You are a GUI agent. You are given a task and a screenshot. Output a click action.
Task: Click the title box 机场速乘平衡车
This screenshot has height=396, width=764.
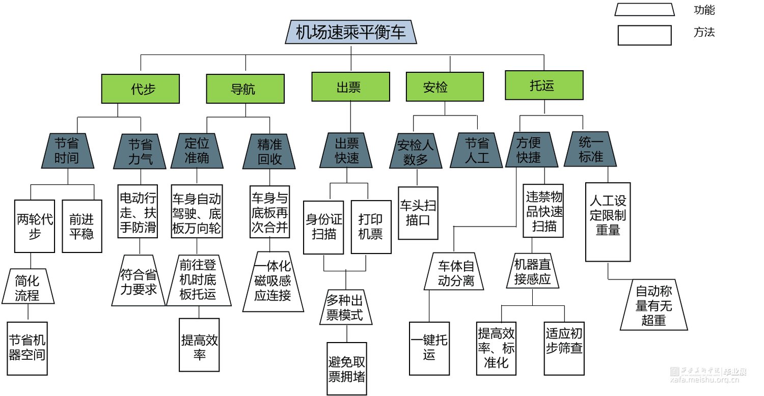(x=350, y=33)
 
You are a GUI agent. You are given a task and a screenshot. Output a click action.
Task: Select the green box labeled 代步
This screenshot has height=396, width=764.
(x=140, y=89)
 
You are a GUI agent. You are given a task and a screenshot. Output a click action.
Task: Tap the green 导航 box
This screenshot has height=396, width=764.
(x=245, y=89)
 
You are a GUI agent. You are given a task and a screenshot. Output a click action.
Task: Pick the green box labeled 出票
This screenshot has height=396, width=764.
(x=350, y=87)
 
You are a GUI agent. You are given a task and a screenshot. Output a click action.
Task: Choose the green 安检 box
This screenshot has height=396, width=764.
(x=445, y=87)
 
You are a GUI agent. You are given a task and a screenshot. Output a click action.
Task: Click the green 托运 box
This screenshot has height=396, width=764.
(x=544, y=85)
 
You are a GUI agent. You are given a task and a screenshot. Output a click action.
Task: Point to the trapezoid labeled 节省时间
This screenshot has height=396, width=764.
(x=68, y=151)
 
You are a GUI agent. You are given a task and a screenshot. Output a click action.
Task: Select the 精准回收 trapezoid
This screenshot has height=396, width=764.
(x=269, y=152)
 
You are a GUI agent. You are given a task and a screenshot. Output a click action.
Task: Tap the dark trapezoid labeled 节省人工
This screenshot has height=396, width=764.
(x=477, y=151)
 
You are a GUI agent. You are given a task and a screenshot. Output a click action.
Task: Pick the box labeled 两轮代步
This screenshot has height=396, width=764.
(x=35, y=227)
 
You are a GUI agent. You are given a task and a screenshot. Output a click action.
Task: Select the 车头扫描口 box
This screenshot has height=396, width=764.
(x=418, y=213)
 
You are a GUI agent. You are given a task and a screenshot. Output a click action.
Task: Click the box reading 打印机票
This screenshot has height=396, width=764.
(x=371, y=227)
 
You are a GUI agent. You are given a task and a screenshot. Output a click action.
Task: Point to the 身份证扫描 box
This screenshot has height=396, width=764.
(x=324, y=227)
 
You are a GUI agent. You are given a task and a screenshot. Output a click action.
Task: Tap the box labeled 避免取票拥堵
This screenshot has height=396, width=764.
(x=347, y=369)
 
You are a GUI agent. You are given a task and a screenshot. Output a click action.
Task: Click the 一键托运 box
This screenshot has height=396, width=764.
(x=429, y=348)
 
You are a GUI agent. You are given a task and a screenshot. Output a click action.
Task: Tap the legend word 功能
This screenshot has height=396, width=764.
(x=704, y=10)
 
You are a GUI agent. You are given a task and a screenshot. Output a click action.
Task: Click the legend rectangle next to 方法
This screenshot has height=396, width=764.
(x=644, y=36)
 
